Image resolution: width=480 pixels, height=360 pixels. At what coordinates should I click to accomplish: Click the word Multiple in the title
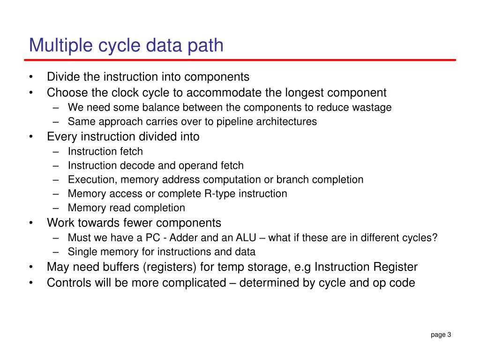pyautogui.click(x=57, y=46)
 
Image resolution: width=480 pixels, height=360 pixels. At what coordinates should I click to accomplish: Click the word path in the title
pyautogui.click(x=206, y=46)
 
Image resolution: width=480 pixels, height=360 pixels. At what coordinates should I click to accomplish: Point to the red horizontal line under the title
pyautogui.click(x=240, y=60)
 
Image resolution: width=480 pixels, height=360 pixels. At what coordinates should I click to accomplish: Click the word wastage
pyautogui.click(x=372, y=107)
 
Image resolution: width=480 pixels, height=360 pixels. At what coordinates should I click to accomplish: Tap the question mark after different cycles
pyautogui.click(x=435, y=238)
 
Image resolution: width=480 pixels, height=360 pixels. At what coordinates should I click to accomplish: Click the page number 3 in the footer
pyautogui.click(x=449, y=334)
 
